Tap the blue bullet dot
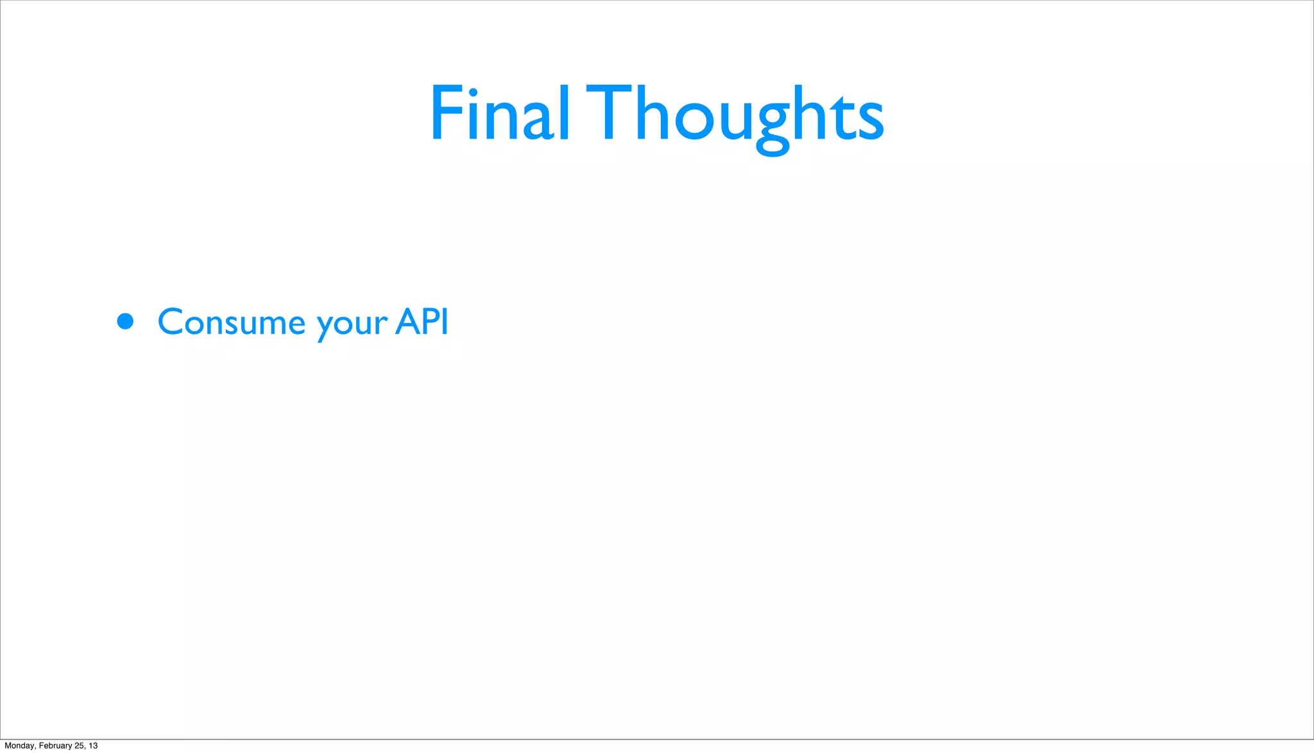(125, 321)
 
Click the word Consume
(231, 322)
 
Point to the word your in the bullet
(352, 324)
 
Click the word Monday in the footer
(20, 745)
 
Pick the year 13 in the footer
(93, 745)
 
